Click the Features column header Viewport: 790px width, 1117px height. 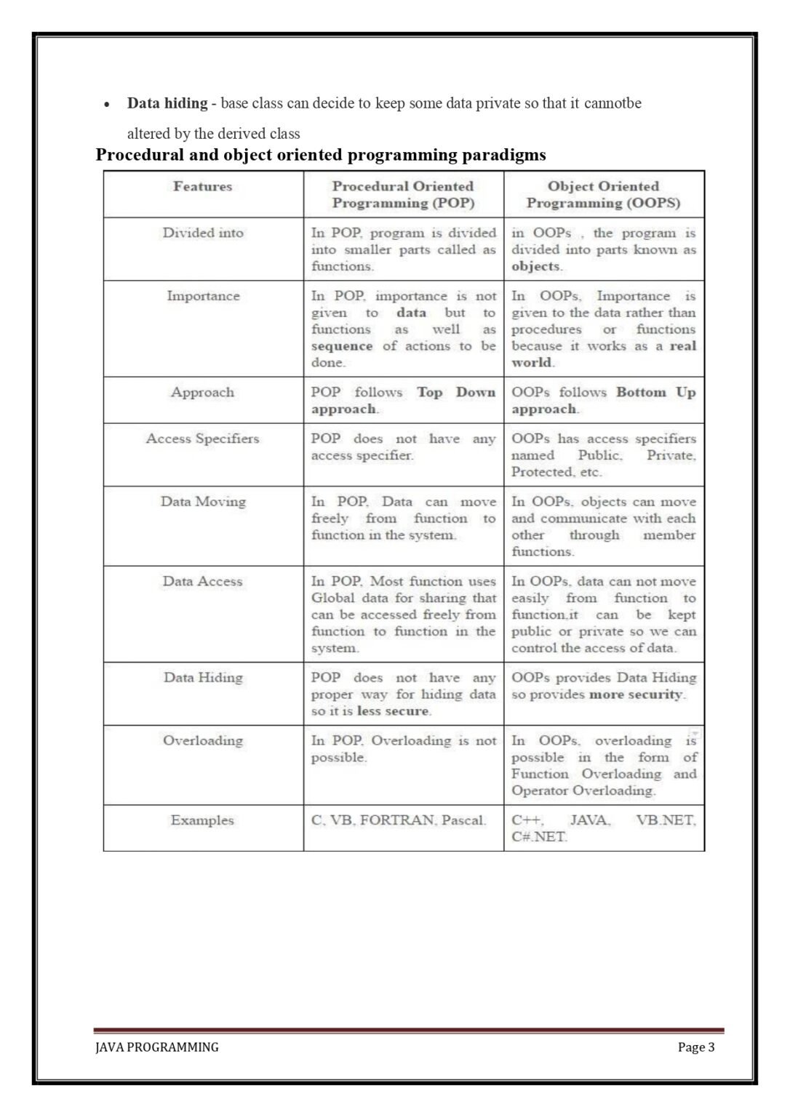[202, 187]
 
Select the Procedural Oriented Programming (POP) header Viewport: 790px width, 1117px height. [403, 195]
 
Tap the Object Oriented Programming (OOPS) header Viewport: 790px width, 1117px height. [603, 195]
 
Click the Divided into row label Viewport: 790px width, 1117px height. [203, 233]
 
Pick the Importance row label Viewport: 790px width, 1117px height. [203, 297]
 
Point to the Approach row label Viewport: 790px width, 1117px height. [202, 393]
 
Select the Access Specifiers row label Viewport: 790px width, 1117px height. [202, 439]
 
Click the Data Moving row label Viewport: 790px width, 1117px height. [203, 502]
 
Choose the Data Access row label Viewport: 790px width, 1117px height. [202, 582]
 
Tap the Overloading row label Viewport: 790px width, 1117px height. [203, 741]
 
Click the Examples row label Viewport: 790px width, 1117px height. [202, 821]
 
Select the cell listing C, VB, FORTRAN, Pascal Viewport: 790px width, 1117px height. [399, 821]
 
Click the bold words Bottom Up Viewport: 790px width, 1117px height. [655, 393]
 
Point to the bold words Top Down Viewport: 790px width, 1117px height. [456, 393]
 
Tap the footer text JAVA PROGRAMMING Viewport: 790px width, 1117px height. [157, 1047]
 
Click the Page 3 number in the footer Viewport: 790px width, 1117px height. [696, 1047]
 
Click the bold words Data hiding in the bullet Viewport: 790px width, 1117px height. [167, 103]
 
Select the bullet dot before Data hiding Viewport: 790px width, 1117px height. [108, 105]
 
